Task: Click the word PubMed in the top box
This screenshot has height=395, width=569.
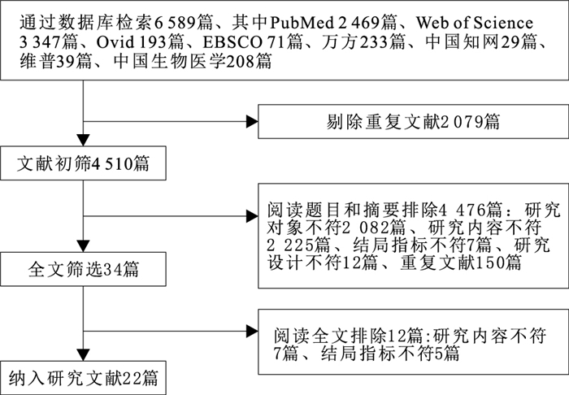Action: coord(302,24)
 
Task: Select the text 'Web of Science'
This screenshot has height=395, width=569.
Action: coord(475,24)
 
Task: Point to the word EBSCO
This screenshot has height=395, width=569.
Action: coord(232,43)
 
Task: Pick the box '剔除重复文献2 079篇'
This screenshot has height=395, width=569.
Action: coord(413,122)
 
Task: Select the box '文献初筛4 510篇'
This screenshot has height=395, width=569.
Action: coord(83,163)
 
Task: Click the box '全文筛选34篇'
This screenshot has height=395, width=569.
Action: coord(83,269)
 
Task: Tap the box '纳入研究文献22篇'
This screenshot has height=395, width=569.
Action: coord(83,378)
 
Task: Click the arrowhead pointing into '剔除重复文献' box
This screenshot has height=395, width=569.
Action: coord(253,122)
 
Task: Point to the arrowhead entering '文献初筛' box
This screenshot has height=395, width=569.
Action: coord(84,141)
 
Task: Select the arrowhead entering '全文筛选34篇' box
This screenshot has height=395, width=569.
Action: coord(84,246)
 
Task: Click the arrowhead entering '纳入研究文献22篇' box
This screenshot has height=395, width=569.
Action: coord(84,354)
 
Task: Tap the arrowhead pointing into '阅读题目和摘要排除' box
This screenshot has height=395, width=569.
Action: coord(253,216)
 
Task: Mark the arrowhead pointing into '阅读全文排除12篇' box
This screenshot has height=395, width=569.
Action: coord(253,331)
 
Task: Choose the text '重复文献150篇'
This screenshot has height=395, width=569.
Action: coord(461,263)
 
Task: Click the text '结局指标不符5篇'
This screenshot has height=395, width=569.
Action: coord(390,354)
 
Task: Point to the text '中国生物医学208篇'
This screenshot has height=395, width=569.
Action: coord(193,62)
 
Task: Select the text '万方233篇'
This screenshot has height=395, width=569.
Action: coord(363,43)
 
